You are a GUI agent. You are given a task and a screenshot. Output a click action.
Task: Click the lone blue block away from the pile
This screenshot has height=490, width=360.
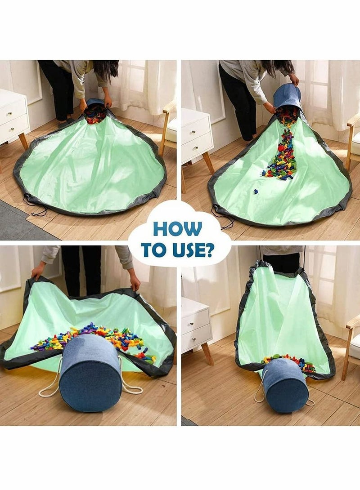256,191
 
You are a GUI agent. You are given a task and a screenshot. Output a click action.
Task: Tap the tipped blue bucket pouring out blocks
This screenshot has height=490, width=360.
287,98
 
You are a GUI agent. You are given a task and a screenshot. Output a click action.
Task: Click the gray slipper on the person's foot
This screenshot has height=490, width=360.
65,123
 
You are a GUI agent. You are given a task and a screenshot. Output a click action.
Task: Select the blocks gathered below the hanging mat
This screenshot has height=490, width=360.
289,362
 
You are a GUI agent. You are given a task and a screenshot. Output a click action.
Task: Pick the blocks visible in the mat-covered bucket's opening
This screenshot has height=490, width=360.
95,114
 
